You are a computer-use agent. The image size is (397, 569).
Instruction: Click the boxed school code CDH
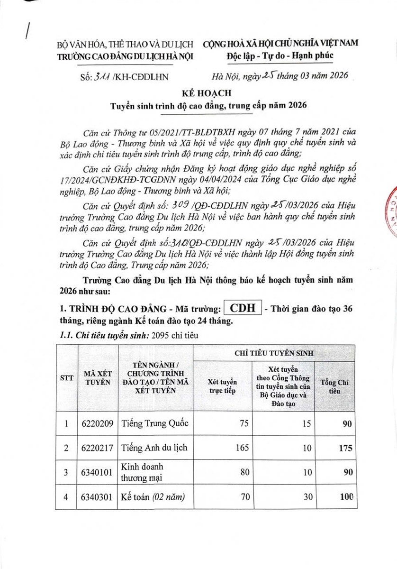coord(243,308)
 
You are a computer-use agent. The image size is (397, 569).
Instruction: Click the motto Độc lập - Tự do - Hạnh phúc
coord(280,55)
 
